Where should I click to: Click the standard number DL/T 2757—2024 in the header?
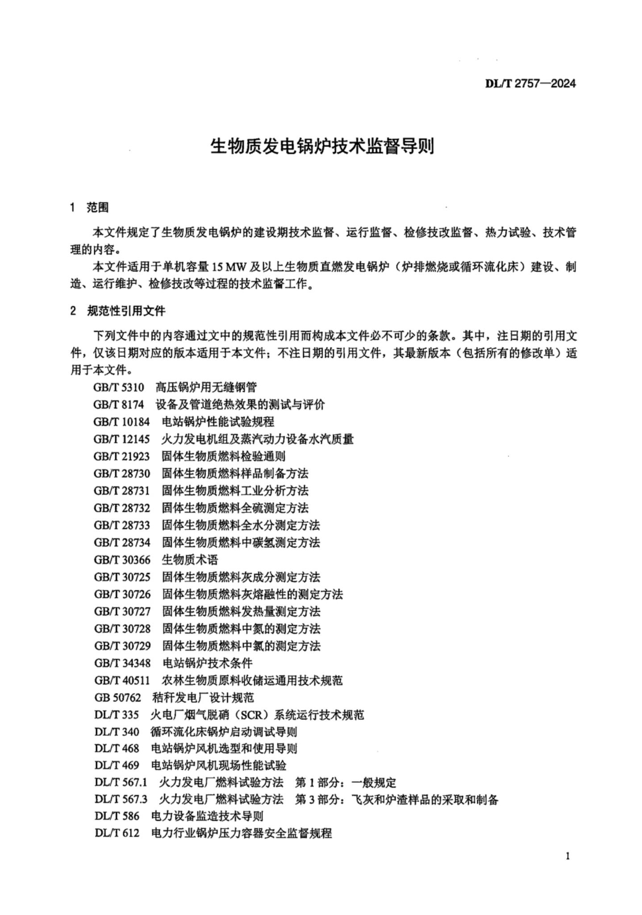[530, 84]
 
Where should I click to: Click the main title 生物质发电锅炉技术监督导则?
[321, 146]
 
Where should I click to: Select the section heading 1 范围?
[89, 207]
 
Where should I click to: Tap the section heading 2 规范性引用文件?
[117, 311]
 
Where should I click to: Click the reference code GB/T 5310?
[119, 387]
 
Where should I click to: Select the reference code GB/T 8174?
[119, 404]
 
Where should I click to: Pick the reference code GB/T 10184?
[121, 422]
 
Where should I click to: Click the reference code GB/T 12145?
[121, 439]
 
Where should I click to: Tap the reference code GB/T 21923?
[121, 456]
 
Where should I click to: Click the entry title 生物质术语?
[190, 560]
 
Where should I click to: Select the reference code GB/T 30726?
[122, 594]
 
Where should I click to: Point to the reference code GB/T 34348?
[122, 663]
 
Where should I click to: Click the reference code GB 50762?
[117, 698]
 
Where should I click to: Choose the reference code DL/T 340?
[117, 732]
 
